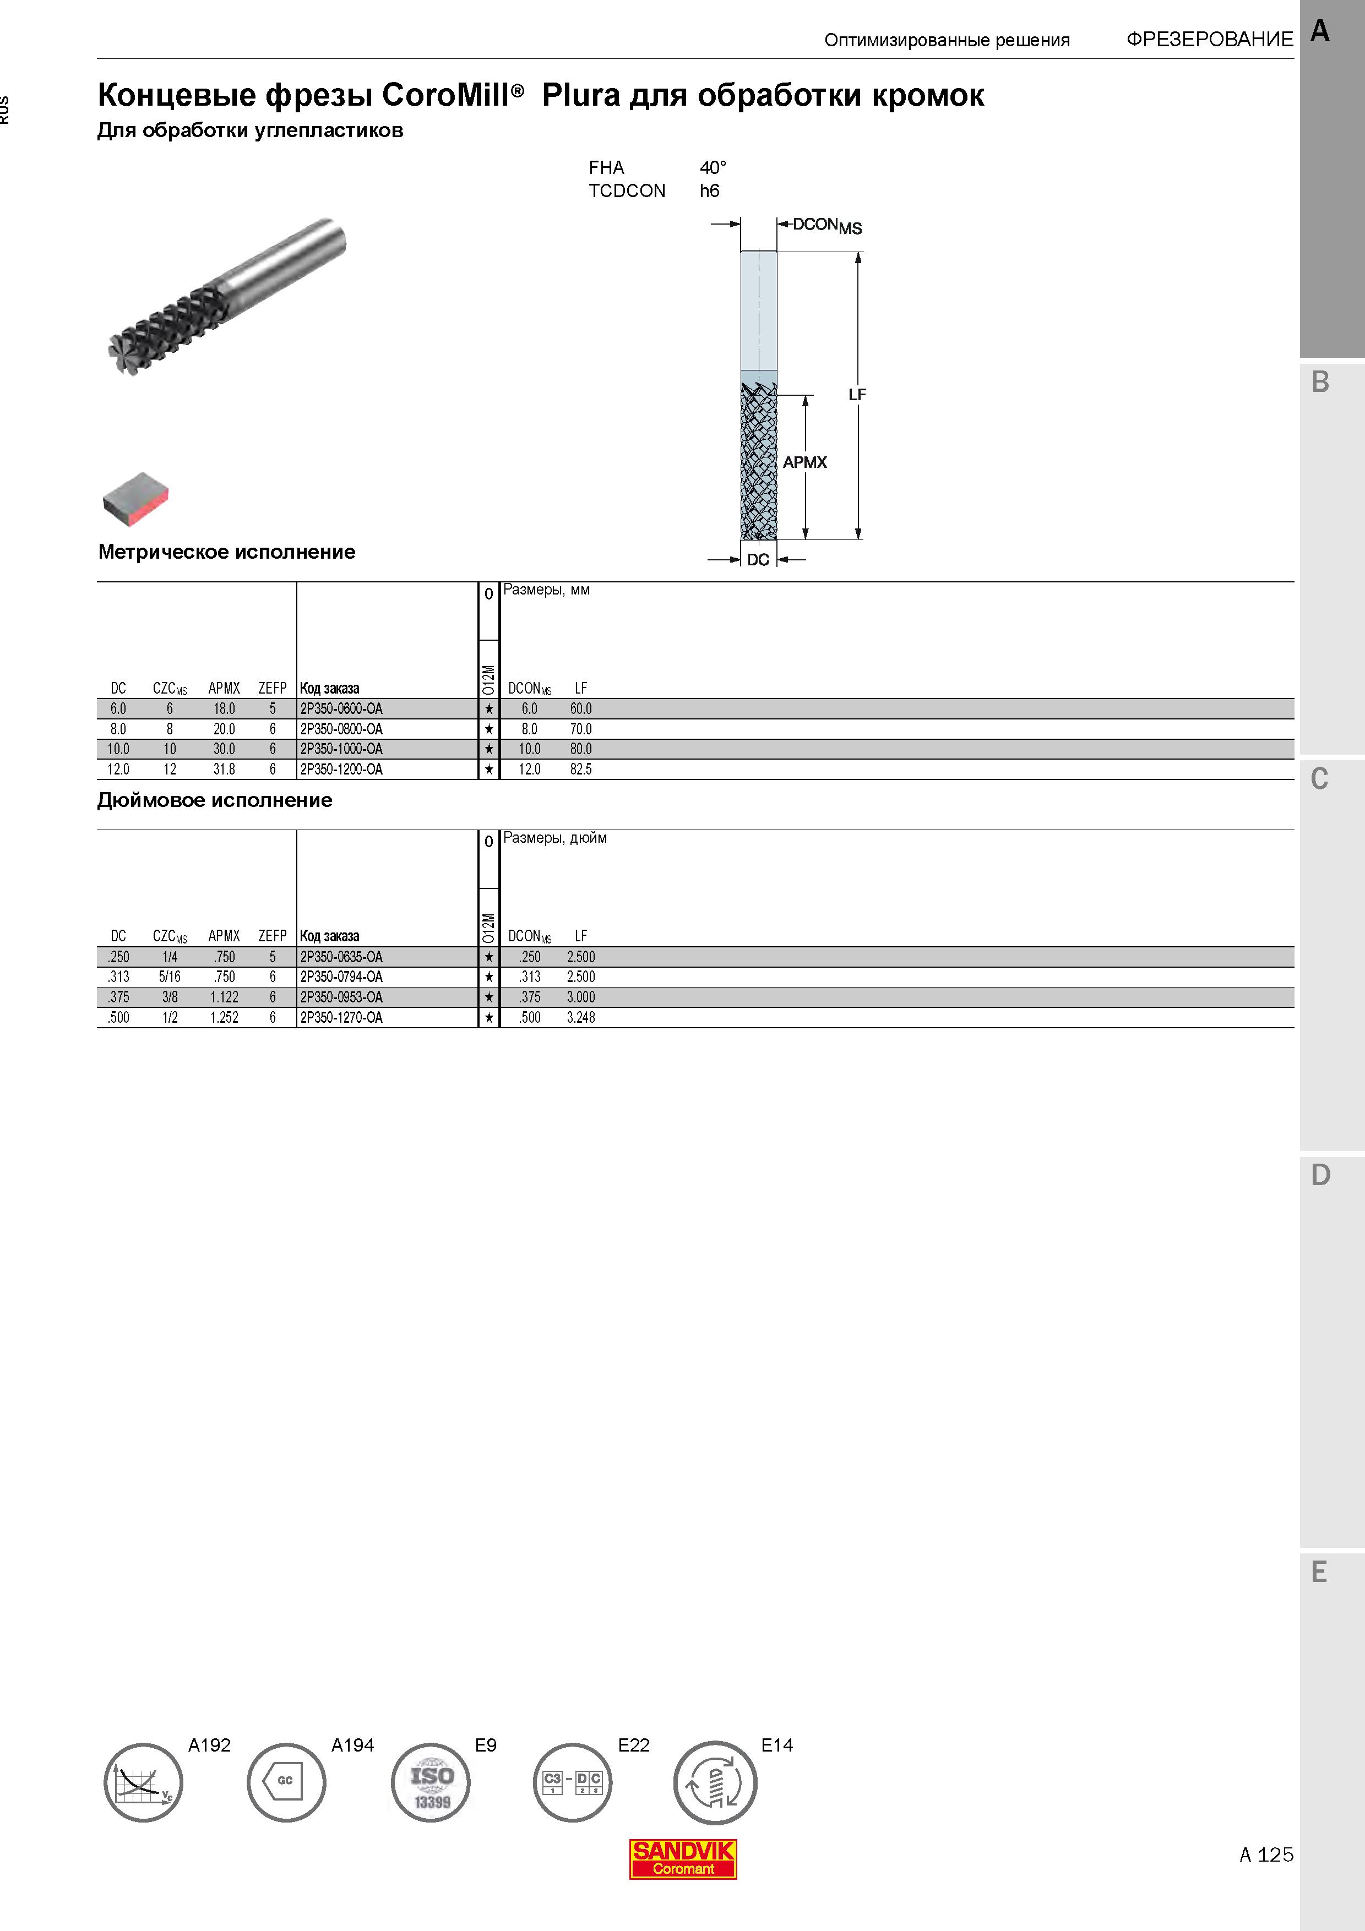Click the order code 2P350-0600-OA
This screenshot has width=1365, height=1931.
(x=341, y=709)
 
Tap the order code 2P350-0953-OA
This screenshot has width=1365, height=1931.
(x=341, y=997)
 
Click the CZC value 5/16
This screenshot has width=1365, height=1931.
(x=170, y=977)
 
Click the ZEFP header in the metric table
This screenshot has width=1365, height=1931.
(x=273, y=688)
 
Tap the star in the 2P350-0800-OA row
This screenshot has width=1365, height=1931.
(x=488, y=730)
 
